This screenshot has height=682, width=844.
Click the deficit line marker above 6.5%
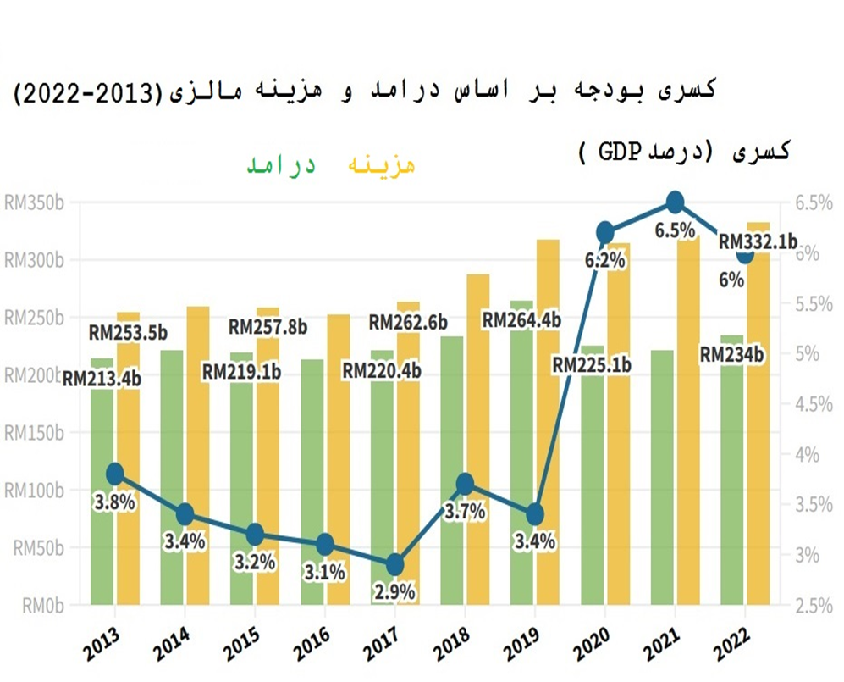675,202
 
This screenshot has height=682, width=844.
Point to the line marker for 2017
394,565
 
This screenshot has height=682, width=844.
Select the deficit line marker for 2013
116,474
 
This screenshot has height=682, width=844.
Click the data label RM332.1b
758,242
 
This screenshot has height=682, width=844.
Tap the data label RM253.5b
127,333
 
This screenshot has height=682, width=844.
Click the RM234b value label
732,356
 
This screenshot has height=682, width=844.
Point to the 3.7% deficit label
465,511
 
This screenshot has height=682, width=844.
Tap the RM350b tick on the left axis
35,203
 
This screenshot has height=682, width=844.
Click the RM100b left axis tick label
35,491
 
